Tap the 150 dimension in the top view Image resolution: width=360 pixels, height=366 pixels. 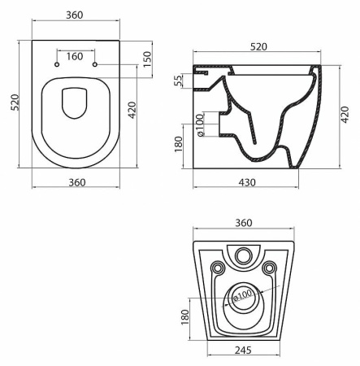[148, 59]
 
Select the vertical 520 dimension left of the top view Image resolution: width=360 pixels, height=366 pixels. [13, 103]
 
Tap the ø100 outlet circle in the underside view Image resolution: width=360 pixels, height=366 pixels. [243, 298]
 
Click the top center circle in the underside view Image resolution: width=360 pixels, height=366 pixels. [243, 256]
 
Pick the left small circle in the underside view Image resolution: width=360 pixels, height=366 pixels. [216, 268]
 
